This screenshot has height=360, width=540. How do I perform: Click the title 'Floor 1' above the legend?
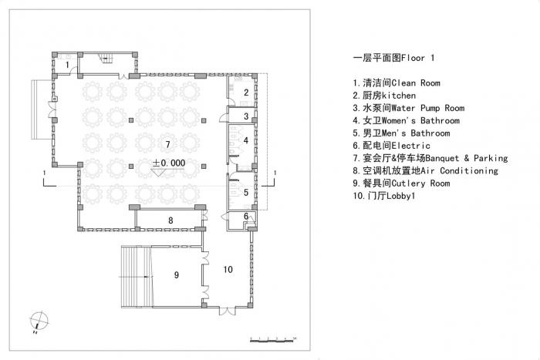tap(383, 58)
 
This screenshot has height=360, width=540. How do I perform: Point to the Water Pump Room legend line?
tap(403, 108)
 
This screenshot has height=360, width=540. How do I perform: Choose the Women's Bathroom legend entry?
tap(406, 120)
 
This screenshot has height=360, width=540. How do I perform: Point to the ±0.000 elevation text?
tap(167, 163)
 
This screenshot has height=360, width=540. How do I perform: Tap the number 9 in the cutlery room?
tap(177, 274)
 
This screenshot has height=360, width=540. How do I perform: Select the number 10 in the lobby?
tap(228, 269)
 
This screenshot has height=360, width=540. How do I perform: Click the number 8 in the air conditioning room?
tap(170, 221)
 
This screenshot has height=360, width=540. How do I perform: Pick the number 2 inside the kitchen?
tap(245, 93)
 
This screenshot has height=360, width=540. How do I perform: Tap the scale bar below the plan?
tap(274, 339)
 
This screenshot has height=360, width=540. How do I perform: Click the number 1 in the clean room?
tap(67, 64)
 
